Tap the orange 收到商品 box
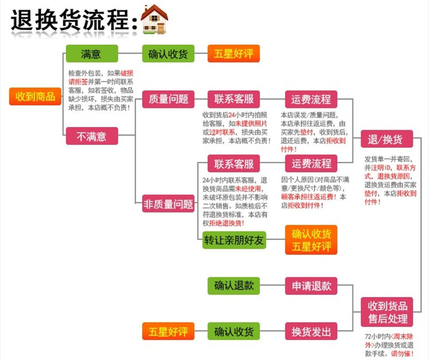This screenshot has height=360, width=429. pyautogui.click(x=35, y=96)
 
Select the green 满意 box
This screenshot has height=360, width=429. pyautogui.click(x=92, y=54)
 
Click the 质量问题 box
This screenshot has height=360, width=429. pyautogui.click(x=168, y=99)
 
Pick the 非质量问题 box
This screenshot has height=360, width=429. pyautogui.click(x=168, y=204)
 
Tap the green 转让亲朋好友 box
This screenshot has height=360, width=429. pyautogui.click(x=233, y=241)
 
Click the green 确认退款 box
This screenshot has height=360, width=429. pyautogui.click(x=233, y=285)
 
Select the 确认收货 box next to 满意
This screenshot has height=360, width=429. pyautogui.click(x=168, y=54)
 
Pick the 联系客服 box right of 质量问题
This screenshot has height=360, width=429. pyautogui.click(x=233, y=99)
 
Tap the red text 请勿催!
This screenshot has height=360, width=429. pyautogui.click(x=403, y=354)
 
